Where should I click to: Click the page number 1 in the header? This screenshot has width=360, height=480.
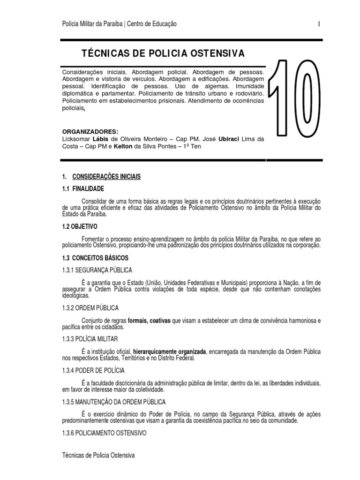(319, 24)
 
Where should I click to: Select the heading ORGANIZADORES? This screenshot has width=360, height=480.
(90, 132)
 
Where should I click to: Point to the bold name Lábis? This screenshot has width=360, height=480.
(100, 139)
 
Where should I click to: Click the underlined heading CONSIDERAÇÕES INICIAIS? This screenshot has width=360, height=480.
(106, 177)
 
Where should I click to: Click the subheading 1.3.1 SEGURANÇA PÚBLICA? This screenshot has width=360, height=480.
(97, 270)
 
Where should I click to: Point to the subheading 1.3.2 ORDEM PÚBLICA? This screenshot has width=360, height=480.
(90, 308)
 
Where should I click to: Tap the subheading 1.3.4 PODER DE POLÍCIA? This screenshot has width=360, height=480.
(93, 370)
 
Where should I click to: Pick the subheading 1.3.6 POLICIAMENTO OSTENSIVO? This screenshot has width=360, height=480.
(104, 433)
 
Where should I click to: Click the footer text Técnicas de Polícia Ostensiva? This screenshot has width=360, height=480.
(98, 455)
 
